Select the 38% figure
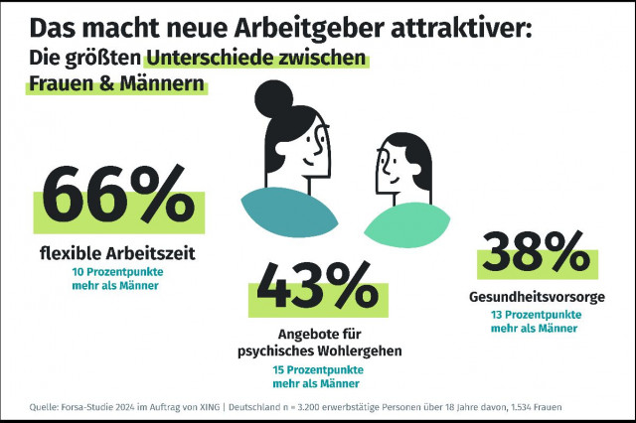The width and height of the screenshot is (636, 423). click(x=529, y=255)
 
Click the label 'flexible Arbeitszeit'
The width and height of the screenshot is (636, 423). click(x=117, y=253)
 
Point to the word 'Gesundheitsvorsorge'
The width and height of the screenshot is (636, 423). click(x=536, y=297)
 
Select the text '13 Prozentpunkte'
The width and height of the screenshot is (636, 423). click(x=536, y=315)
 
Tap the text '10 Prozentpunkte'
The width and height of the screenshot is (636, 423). click(x=117, y=271)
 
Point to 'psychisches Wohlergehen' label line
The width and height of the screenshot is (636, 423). click(x=317, y=352)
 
